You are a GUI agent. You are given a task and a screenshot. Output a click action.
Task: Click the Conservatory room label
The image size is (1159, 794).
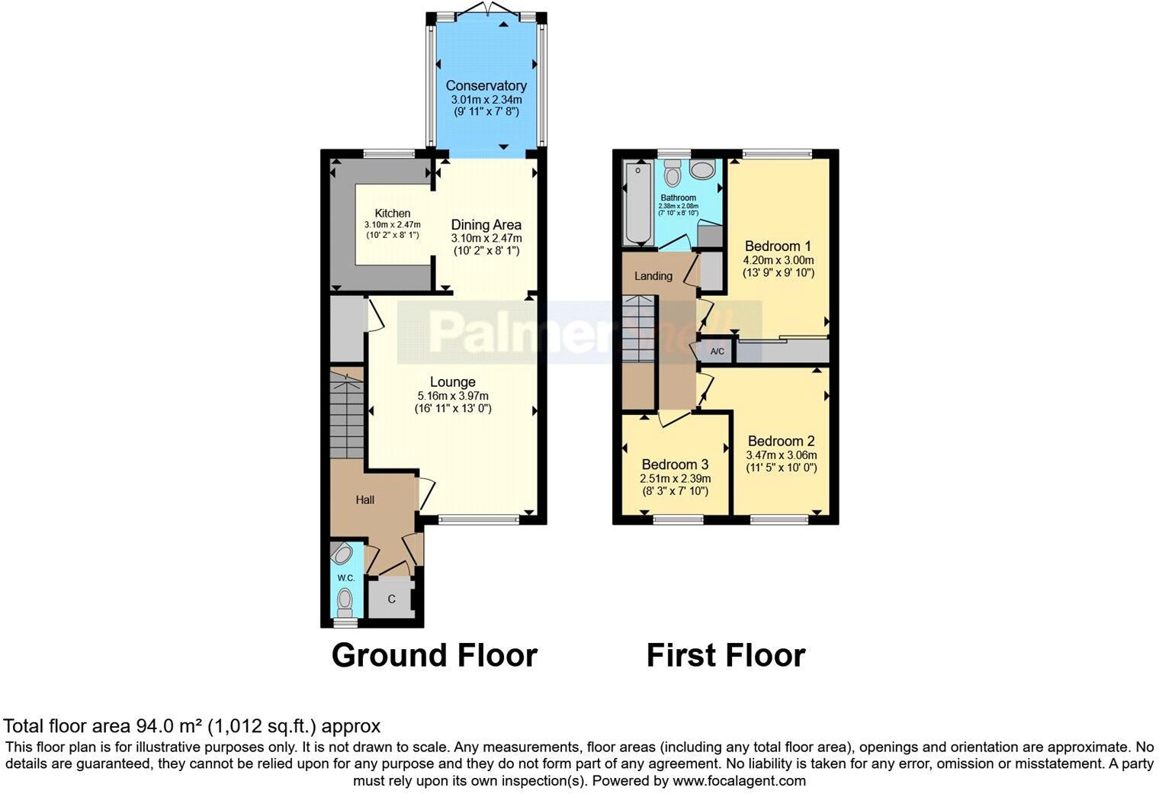[486, 85]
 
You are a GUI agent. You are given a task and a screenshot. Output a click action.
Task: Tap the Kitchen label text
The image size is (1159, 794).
[392, 214]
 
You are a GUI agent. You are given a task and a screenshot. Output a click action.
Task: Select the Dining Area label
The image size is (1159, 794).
[486, 224]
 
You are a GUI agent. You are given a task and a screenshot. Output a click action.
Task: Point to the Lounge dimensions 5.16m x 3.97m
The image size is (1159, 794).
[452, 396]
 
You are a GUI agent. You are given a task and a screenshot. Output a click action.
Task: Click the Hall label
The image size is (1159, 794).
[364, 500]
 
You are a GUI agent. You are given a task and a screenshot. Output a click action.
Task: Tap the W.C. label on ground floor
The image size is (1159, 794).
[345, 578]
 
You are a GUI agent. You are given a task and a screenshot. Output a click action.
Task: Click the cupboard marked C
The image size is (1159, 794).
[390, 599]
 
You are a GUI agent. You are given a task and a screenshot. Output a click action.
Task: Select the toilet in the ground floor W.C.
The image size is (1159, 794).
[345, 599]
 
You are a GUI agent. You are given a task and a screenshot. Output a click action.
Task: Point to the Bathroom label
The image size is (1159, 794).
[678, 198]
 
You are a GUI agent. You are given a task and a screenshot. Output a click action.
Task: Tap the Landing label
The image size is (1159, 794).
[653, 276]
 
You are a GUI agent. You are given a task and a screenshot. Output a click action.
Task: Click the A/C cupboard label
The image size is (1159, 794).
[717, 352]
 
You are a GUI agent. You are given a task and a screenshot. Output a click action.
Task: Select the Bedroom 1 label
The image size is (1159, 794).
[778, 246]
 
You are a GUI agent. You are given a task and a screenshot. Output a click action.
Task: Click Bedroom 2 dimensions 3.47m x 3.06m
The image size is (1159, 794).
[781, 455]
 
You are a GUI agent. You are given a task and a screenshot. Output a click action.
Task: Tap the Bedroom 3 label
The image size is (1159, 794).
[675, 465]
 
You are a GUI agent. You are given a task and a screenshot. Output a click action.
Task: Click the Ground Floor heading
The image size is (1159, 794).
[434, 656]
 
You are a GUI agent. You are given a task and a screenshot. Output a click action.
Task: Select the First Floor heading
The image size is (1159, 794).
[725, 656]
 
